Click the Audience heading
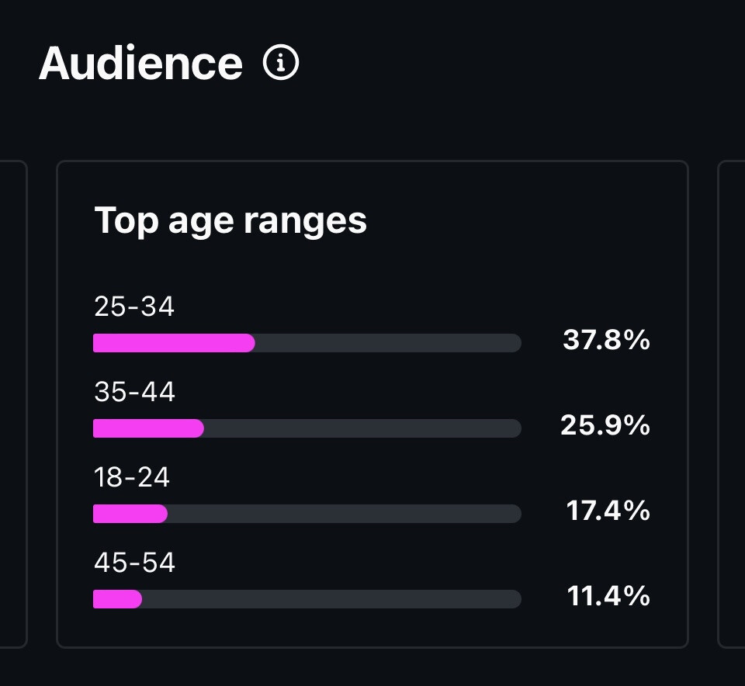140,63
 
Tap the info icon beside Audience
281,63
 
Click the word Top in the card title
125,220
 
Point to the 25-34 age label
134,307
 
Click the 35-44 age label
134,392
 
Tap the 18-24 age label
132,477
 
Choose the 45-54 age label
134,563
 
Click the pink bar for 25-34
174,343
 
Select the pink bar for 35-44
148,428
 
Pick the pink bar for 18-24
130,514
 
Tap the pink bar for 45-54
117,599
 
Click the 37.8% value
606,340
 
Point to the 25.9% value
605,425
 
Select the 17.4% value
608,511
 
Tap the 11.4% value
608,596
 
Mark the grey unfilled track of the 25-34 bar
388,343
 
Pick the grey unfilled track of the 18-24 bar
344,514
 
